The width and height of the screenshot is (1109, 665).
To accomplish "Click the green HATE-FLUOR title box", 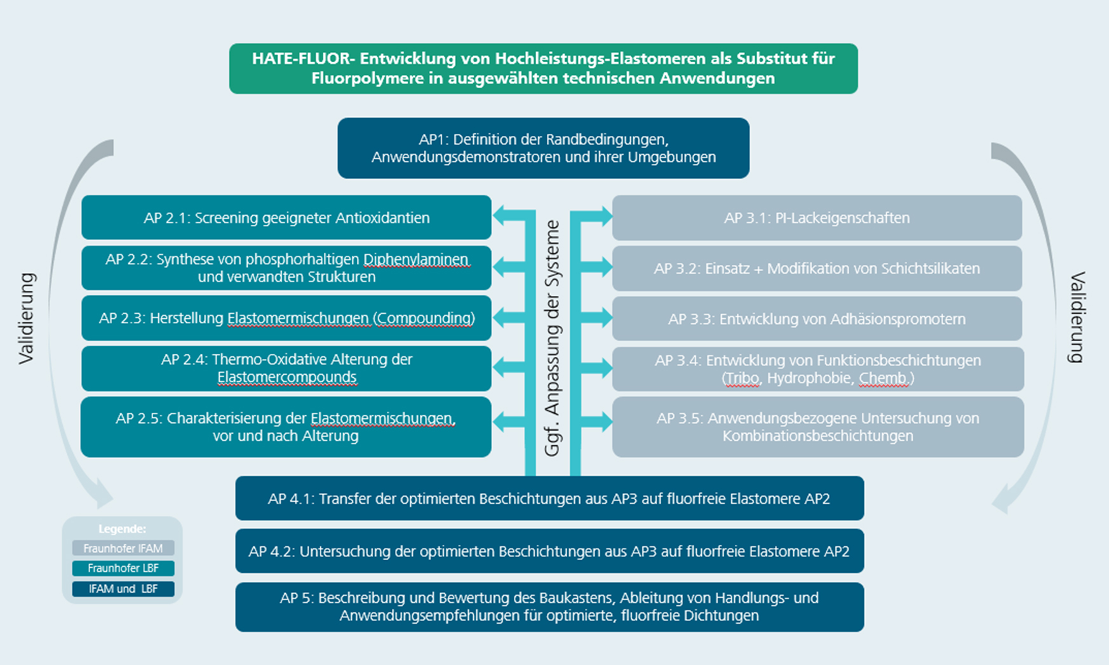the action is (543, 69).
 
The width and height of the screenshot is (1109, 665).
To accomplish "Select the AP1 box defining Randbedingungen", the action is (543, 148).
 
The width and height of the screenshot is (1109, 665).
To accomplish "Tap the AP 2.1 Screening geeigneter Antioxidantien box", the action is (286, 217).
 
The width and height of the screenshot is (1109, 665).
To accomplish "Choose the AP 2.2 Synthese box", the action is (286, 268).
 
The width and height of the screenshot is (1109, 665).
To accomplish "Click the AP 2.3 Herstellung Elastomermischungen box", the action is (286, 318).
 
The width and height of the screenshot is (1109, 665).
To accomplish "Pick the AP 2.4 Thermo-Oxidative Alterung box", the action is (286, 368).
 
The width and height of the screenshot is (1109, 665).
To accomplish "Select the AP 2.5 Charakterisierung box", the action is (286, 427).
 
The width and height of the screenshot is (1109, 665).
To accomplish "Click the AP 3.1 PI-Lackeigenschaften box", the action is (817, 218).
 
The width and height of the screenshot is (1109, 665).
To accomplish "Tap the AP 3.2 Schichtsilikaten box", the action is (817, 269).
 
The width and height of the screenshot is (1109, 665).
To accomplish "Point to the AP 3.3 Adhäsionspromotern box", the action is (817, 319).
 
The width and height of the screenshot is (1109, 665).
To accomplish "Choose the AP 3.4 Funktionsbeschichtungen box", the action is (818, 369).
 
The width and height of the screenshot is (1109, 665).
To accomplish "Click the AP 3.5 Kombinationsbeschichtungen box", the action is (818, 427).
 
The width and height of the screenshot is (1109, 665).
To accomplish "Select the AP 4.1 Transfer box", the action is (549, 499).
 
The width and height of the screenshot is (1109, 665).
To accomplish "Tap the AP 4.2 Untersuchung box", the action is (549, 551).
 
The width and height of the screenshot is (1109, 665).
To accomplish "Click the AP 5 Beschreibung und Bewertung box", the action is (549, 607).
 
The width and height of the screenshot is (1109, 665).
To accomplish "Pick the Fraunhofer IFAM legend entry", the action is (123, 548).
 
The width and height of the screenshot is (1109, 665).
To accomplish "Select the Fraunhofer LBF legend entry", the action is (123, 568).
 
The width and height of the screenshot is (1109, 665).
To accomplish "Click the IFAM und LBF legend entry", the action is (123, 589).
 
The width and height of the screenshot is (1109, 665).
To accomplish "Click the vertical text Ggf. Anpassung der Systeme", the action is (553, 338).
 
